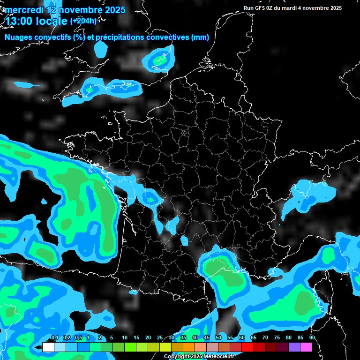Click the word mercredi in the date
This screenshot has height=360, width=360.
coord(23,10)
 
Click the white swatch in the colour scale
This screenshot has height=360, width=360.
coord(48,347)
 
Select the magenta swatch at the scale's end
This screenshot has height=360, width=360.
coord(306,347)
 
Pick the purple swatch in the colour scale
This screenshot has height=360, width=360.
coord(294,347)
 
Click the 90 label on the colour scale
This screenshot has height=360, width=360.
coord(312,338)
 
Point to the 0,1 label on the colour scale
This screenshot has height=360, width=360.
coord(54,338)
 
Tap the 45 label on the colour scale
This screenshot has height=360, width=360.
coord(206,338)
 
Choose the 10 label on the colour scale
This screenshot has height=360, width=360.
coord(124,338)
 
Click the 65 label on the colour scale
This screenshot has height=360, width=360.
coord(253,338)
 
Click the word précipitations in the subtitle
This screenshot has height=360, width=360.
coord(121,37)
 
